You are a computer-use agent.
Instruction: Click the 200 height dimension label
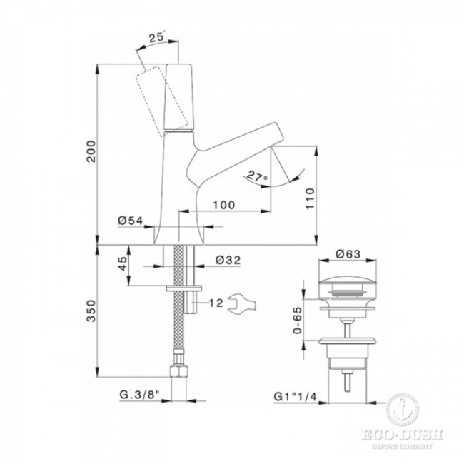tap(91, 151)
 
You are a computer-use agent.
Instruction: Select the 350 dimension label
tap(91, 311)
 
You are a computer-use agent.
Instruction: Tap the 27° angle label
tap(257, 176)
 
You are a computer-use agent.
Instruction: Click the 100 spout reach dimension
tap(224, 205)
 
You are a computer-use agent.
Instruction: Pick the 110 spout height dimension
tap(310, 198)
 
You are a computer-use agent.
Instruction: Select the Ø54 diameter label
tap(130, 220)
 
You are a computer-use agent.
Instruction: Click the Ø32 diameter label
tap(228, 260)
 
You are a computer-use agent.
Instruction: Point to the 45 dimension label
tap(123, 263)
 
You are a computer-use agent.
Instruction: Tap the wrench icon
tap(241, 303)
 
